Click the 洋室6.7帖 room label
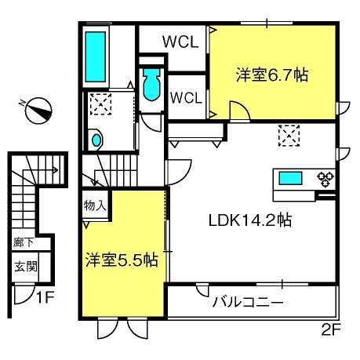pos(272,75)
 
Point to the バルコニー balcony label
pos(247,300)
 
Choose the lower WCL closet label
pos(187,97)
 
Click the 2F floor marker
pos(332,330)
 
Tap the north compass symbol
pos(37,111)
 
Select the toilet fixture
pos(151,83)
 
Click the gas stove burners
pos(325,180)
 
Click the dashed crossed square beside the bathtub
pos(100,104)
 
